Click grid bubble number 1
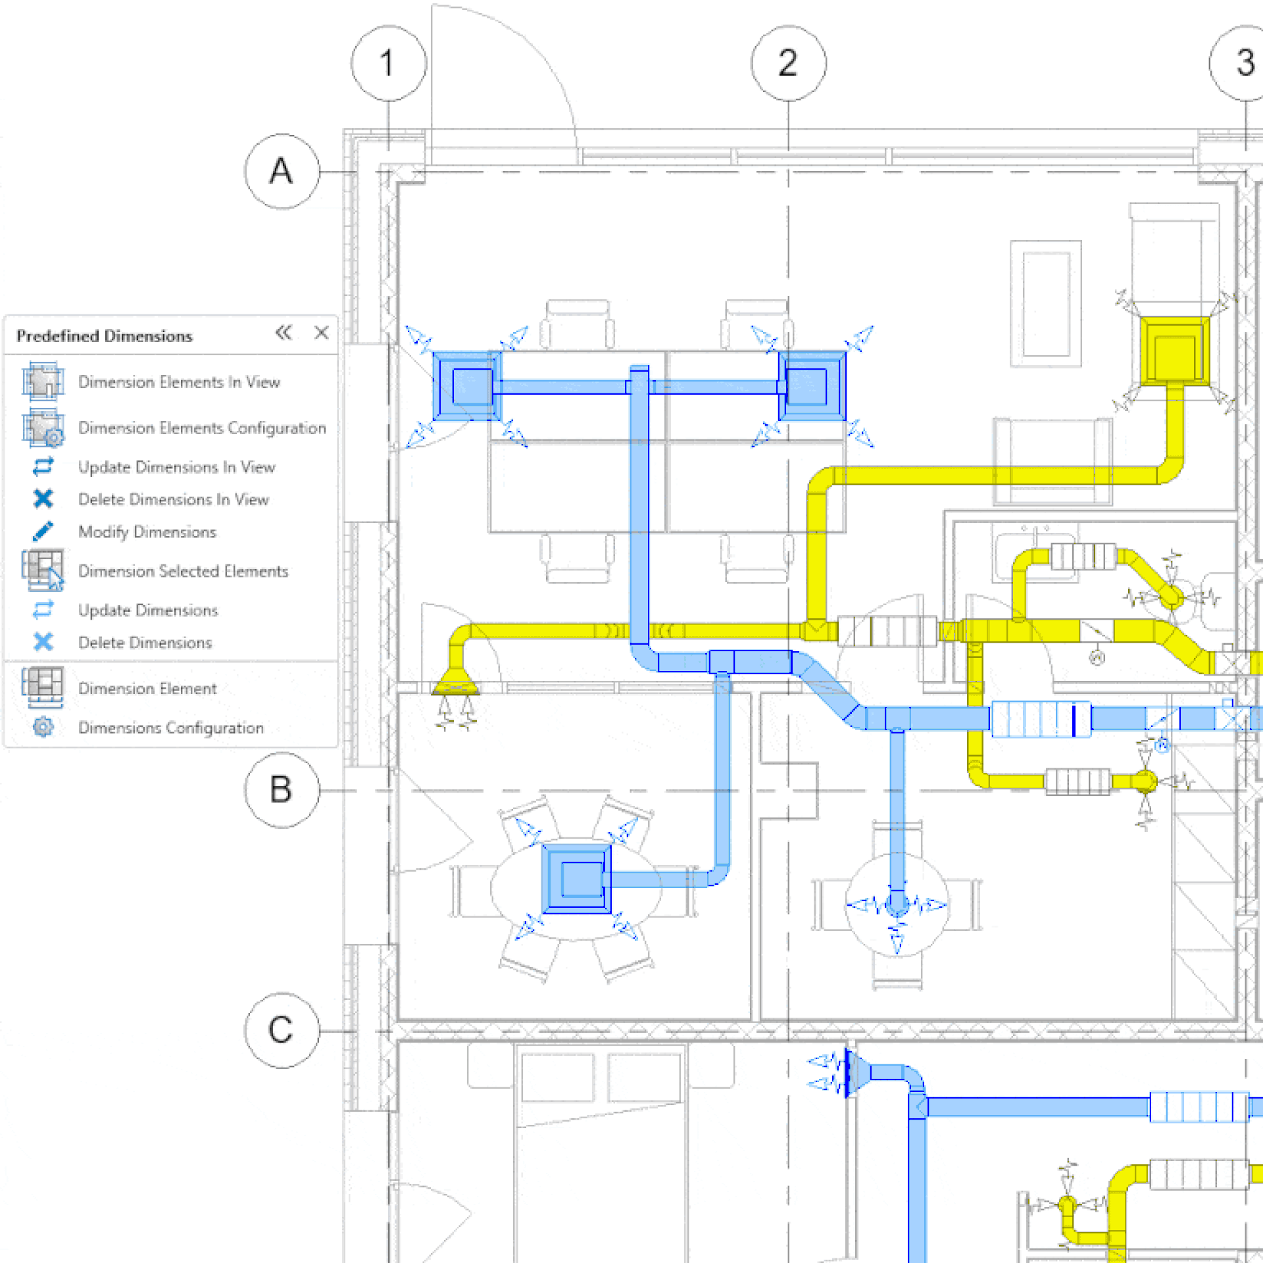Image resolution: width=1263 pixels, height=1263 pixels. tap(388, 63)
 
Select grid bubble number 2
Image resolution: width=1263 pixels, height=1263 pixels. tap(788, 63)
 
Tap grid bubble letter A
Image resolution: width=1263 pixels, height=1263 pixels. tap(282, 172)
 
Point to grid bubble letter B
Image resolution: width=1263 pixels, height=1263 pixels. tap(282, 789)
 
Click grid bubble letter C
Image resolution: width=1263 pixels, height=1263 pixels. tap(282, 1030)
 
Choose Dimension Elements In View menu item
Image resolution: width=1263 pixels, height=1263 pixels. tap(178, 382)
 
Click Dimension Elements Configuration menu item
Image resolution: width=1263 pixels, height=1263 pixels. tap(201, 428)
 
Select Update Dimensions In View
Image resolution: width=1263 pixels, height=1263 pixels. tap(176, 467)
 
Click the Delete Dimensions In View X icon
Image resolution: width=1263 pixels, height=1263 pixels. tap(43, 499)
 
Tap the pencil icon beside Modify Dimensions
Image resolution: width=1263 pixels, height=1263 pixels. tap(43, 532)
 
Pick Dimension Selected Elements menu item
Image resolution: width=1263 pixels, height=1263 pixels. tap(183, 571)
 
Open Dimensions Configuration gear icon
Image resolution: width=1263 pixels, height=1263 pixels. tap(43, 727)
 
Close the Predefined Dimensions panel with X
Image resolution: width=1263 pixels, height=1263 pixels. tap(321, 333)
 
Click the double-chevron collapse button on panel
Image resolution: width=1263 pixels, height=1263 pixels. tap(284, 333)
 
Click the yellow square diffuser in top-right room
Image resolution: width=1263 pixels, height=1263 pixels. tap(1174, 351)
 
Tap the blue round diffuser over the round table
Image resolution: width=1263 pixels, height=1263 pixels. tap(897, 904)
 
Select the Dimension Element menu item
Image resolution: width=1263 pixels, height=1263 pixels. tap(147, 689)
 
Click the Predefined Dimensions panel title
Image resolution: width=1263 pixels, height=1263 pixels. tap(105, 336)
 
